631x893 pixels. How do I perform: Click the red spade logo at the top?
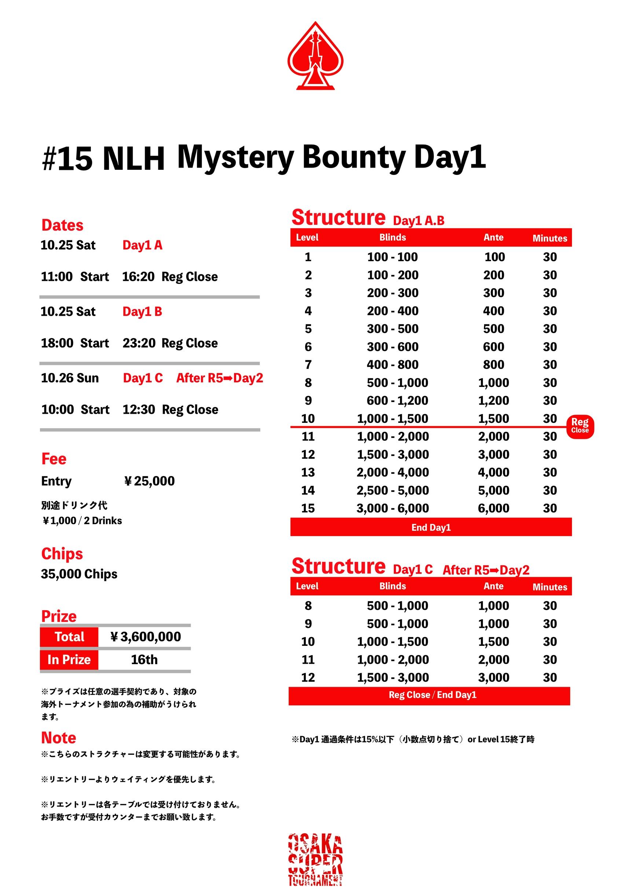pyautogui.click(x=315, y=56)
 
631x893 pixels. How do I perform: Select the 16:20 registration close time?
pyautogui.click(x=138, y=277)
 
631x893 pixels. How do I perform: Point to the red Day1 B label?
pyautogui.click(x=142, y=311)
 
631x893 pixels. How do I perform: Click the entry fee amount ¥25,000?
pyautogui.click(x=149, y=481)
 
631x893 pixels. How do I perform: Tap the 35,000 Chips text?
pyautogui.click(x=79, y=574)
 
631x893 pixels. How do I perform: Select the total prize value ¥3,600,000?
pyautogui.click(x=146, y=637)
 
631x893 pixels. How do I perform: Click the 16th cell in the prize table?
pyautogui.click(x=144, y=660)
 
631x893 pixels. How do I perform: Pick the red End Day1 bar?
pyautogui.click(x=431, y=527)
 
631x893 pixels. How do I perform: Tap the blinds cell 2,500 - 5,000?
pyautogui.click(x=393, y=490)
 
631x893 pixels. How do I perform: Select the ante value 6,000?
pyautogui.click(x=494, y=508)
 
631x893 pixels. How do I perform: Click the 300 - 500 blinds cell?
pyautogui.click(x=393, y=329)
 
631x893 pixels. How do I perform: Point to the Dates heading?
pyautogui.click(x=62, y=225)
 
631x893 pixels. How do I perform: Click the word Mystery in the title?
pyautogui.click(x=235, y=158)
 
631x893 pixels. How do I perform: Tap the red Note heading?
pyautogui.click(x=59, y=738)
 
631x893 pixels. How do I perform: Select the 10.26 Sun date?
pyautogui.click(x=70, y=378)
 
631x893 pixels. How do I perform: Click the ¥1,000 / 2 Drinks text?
pyautogui.click(x=82, y=521)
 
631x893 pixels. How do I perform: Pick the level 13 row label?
pyautogui.click(x=308, y=473)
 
